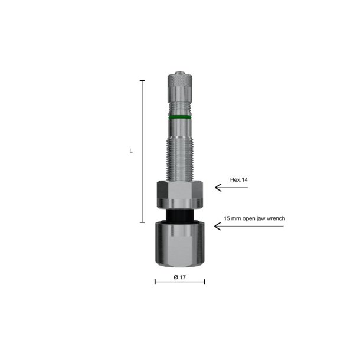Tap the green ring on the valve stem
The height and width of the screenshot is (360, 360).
point(180,117)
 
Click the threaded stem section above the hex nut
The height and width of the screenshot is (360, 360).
point(180,153)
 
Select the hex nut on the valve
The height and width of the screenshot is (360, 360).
point(180,194)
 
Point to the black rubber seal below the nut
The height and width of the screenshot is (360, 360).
point(180,215)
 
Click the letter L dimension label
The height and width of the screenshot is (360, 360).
point(131,151)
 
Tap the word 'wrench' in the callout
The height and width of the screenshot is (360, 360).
point(275,218)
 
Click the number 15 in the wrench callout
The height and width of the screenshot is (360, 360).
point(226,218)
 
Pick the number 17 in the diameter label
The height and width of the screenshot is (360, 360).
point(183,276)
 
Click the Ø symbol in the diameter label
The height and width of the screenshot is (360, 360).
point(175,276)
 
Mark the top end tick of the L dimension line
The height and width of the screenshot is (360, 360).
point(142,80)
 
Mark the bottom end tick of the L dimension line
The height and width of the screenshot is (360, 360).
point(142,222)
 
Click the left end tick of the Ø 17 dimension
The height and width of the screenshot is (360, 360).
point(155,282)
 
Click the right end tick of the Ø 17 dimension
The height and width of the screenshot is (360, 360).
point(204,282)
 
